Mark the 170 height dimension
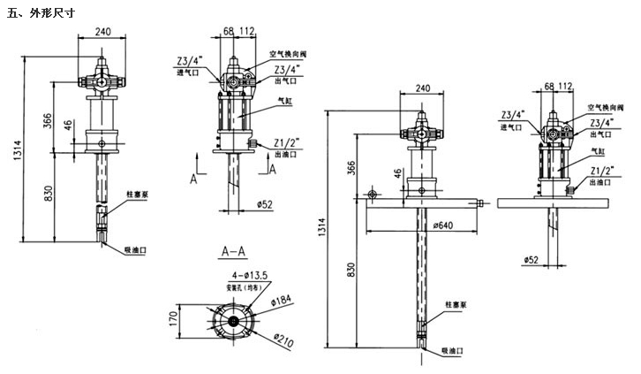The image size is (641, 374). click(x=174, y=316)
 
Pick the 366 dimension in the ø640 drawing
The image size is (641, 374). click(x=353, y=165)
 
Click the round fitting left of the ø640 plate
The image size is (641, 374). click(x=372, y=194)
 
